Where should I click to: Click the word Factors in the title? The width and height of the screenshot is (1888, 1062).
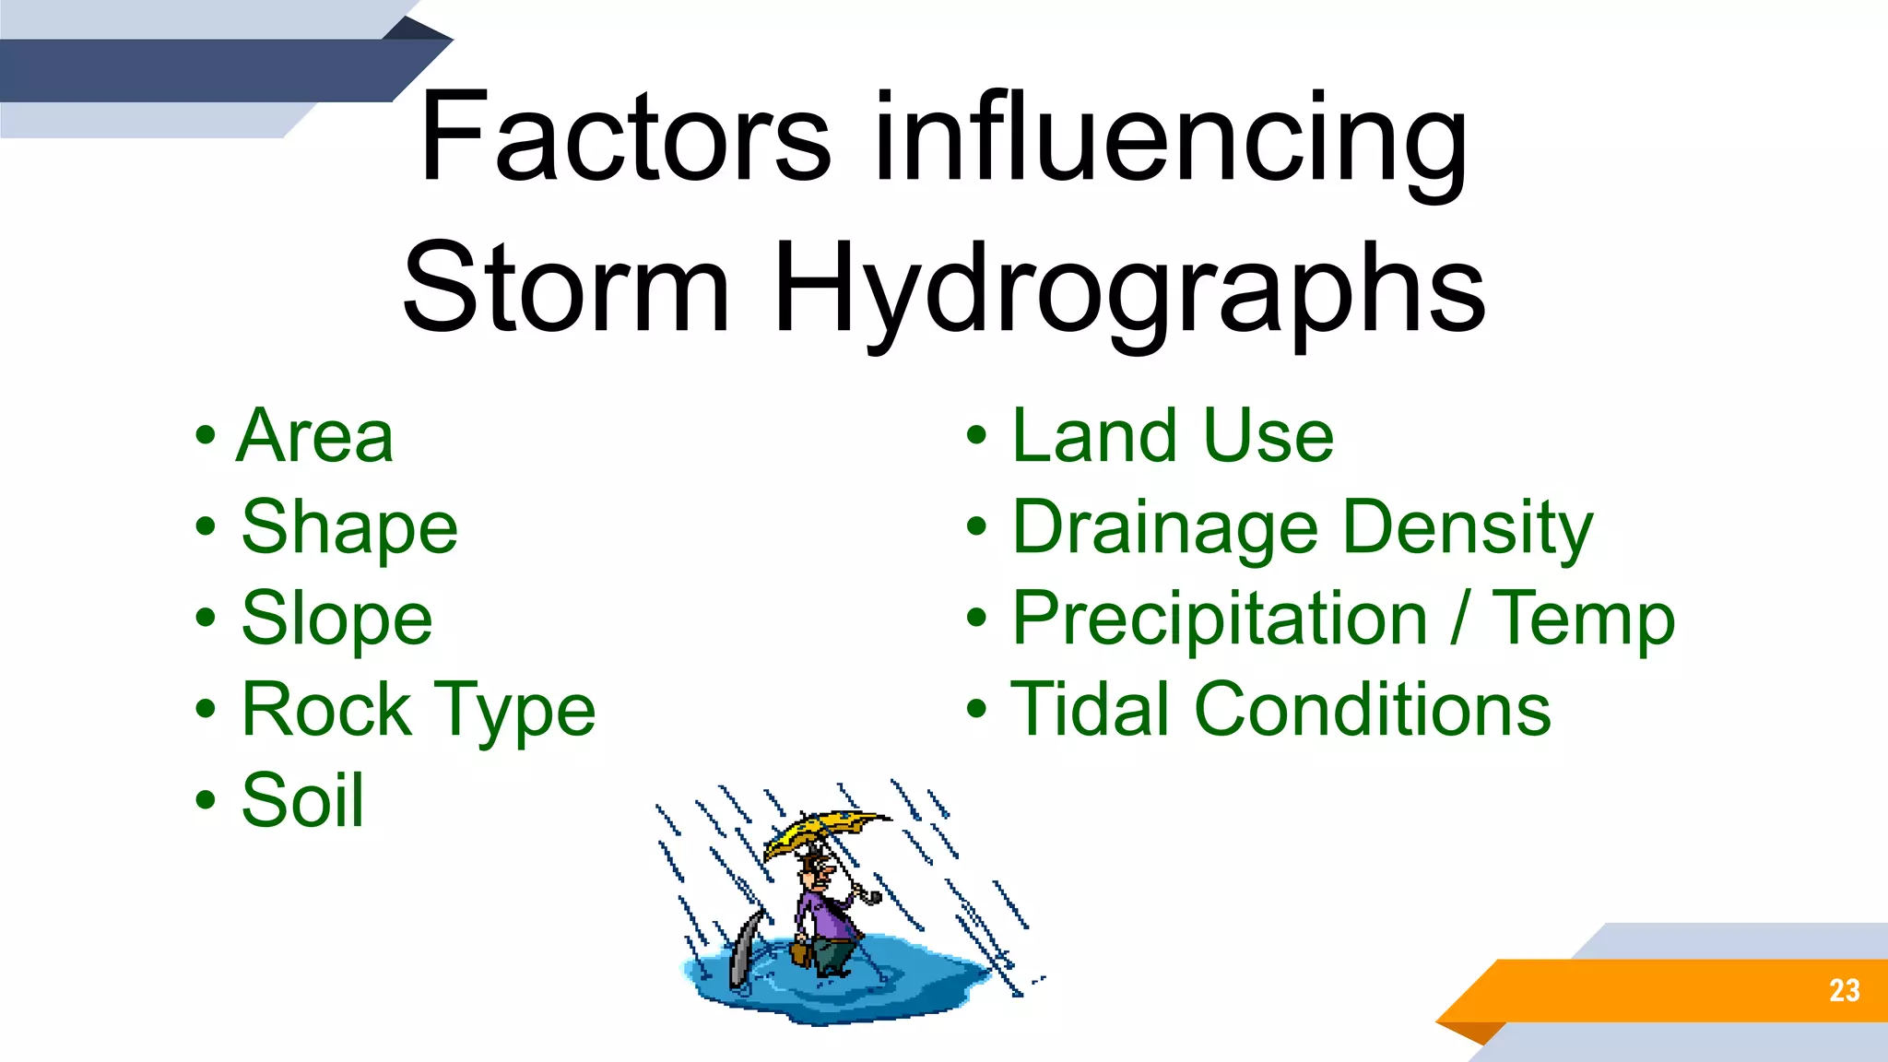point(625,138)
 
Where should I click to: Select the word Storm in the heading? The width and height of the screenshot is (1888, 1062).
point(566,288)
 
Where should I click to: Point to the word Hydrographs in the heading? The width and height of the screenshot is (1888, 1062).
point(1129,289)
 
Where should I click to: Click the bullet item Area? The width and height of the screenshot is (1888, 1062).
point(315,436)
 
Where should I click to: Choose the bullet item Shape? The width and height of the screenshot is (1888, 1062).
point(349,528)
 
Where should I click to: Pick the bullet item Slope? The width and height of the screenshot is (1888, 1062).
point(336,619)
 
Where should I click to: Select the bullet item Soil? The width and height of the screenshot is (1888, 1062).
point(302,800)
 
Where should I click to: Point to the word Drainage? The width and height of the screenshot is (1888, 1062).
point(1165,528)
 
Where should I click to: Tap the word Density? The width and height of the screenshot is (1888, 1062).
point(1468,528)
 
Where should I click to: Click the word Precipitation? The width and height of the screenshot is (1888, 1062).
point(1220,619)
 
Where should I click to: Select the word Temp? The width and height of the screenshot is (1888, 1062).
point(1583,619)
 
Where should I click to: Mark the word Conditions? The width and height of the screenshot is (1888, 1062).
point(1373,710)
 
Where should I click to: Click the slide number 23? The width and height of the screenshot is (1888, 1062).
point(1844,991)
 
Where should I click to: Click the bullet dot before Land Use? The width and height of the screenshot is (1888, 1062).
point(976,436)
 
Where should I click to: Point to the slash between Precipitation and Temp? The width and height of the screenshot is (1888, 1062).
point(1458,619)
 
